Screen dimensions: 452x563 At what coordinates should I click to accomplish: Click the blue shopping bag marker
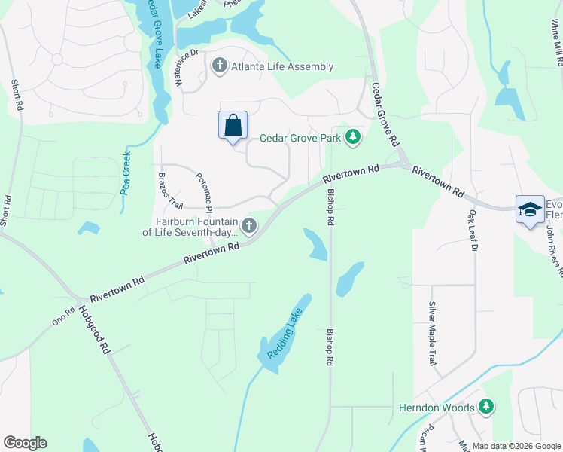pyautogui.click(x=233, y=126)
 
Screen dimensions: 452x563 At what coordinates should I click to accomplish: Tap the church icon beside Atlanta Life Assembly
pyautogui.click(x=220, y=66)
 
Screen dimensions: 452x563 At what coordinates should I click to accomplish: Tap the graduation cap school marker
pyautogui.click(x=530, y=210)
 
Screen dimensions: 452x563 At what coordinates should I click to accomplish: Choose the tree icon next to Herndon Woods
pyautogui.click(x=487, y=408)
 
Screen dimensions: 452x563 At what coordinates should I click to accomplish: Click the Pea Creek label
pyautogui.click(x=126, y=174)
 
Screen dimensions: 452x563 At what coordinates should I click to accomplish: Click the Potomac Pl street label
pyautogui.click(x=204, y=192)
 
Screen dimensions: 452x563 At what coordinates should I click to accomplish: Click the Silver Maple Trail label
pyautogui.click(x=432, y=334)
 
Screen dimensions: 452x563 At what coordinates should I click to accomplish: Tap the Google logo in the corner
pyautogui.click(x=26, y=443)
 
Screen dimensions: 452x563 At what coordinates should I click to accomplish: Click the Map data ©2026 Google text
pyautogui.click(x=516, y=446)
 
